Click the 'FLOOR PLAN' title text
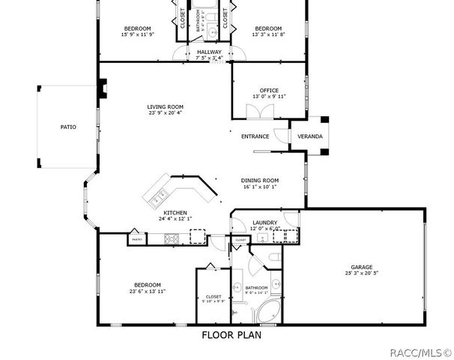[x=231, y=335]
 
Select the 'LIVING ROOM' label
[x=165, y=107]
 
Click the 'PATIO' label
[x=68, y=127]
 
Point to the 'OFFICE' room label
[x=269, y=91]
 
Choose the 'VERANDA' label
[x=310, y=136]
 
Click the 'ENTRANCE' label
[x=255, y=136]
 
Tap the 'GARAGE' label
[x=362, y=266]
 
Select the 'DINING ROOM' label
[x=260, y=180]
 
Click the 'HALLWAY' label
[x=208, y=52]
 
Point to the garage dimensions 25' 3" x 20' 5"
[x=362, y=273]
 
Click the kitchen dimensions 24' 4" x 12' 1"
[x=175, y=218]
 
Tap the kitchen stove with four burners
[x=172, y=239]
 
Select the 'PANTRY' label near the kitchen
[x=136, y=239]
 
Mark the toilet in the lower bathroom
[x=275, y=259]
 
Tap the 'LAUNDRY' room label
[x=265, y=223]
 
